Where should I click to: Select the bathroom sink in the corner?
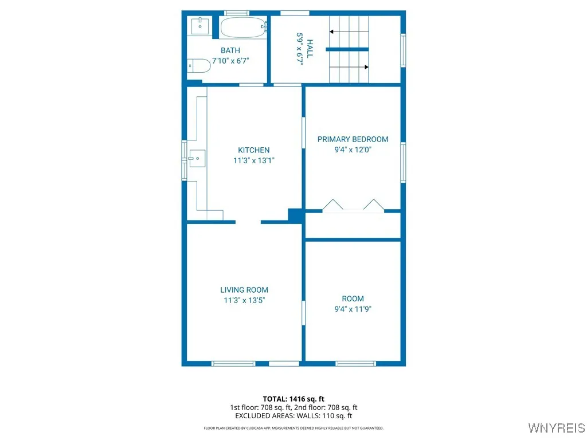point(199,25)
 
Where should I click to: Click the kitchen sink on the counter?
point(197,158)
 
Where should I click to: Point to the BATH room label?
point(230,50)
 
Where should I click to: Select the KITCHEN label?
point(253,150)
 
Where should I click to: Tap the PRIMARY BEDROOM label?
point(353,139)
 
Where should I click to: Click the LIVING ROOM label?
point(244,290)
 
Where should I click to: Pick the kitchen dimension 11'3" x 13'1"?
point(253,161)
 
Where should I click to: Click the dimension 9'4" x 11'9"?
point(353,309)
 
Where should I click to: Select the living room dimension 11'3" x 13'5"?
point(244,300)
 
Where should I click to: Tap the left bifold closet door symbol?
point(332,205)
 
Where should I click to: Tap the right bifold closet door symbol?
point(373,205)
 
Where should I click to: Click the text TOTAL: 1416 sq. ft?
point(293,399)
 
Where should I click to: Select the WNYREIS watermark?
point(556,428)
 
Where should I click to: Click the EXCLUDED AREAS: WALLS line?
point(293,416)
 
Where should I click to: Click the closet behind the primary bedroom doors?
point(353,225)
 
